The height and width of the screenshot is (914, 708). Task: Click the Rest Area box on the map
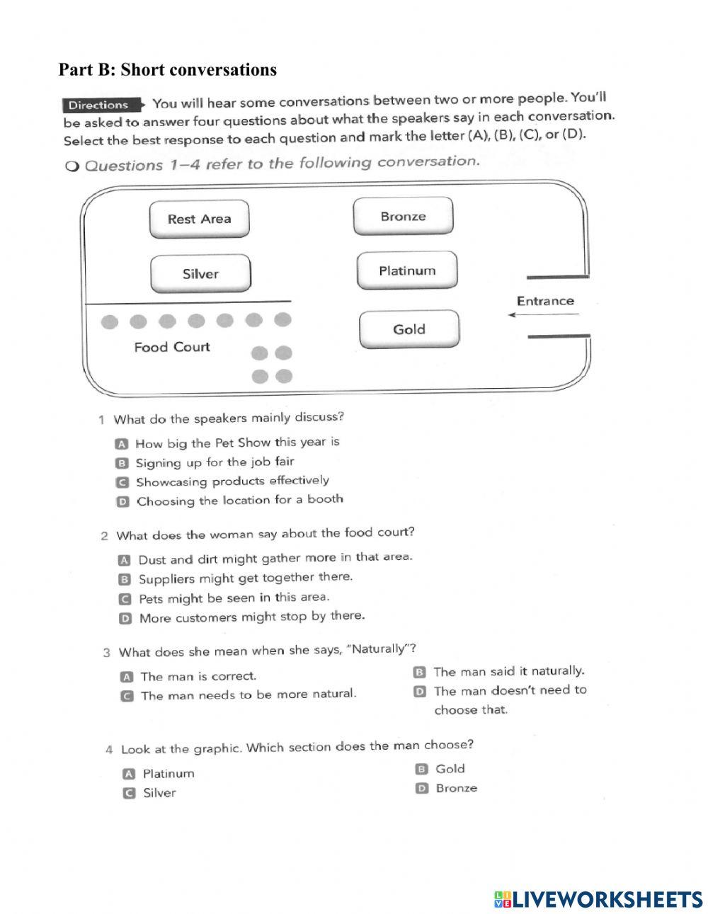pyautogui.click(x=200, y=219)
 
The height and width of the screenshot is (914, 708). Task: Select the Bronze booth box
pyautogui.click(x=403, y=217)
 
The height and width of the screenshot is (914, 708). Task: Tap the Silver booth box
pyautogui.click(x=200, y=274)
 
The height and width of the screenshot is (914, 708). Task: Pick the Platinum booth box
pyautogui.click(x=407, y=271)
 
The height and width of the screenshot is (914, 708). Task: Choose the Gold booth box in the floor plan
pyautogui.click(x=409, y=329)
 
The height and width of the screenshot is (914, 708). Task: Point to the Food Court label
pyautogui.click(x=172, y=347)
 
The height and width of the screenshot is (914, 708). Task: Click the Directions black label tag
pyautogui.click(x=99, y=105)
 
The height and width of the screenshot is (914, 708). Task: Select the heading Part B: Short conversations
pyautogui.click(x=168, y=69)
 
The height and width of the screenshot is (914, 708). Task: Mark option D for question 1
pyautogui.click(x=122, y=501)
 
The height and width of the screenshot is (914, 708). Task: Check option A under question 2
pyautogui.click(x=125, y=559)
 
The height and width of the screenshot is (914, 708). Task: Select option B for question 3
pyautogui.click(x=419, y=671)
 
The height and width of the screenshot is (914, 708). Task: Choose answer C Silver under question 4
pyautogui.click(x=129, y=793)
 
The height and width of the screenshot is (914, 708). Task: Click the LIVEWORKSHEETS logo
pyautogui.click(x=598, y=899)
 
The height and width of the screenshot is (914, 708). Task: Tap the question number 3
pyautogui.click(x=106, y=652)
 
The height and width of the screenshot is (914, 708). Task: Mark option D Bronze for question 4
pyautogui.click(x=422, y=788)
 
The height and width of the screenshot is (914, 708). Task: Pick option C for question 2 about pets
pyautogui.click(x=125, y=599)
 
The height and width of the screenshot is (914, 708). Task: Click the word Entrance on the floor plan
pyautogui.click(x=545, y=301)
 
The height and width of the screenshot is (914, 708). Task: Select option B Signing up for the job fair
pyautogui.click(x=122, y=463)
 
